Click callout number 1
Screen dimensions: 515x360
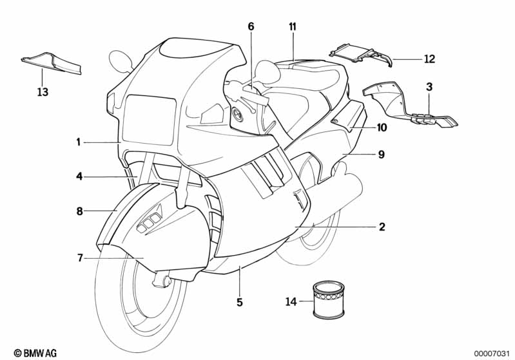[x=78, y=142]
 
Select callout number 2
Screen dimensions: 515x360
[x=382, y=227]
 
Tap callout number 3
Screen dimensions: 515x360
[x=429, y=87]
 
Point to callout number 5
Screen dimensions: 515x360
[x=239, y=302]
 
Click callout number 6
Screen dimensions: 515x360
[x=251, y=26]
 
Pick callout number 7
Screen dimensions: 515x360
[x=80, y=258]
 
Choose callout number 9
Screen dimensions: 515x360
[x=382, y=154]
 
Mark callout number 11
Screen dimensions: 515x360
[x=293, y=26]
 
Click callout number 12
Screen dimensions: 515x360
[x=430, y=59]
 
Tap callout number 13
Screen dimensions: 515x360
[x=43, y=92]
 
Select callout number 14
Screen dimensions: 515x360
[x=291, y=301]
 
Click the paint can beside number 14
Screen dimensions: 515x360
[x=329, y=300]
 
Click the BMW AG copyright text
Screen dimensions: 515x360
[x=35, y=353]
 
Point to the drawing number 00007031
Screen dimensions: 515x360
[x=491, y=353]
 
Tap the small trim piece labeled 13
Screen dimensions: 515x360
[x=52, y=62]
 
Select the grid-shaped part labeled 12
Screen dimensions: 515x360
[x=362, y=55]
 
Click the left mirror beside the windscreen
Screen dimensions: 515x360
[x=121, y=61]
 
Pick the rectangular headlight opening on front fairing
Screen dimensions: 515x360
[x=148, y=119]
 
